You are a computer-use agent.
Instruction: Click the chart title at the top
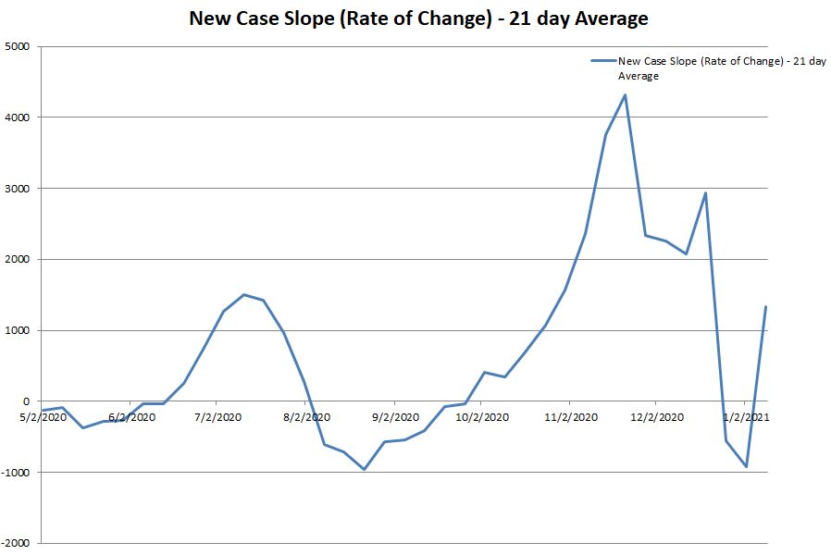click(x=418, y=18)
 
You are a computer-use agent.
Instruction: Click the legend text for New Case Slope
click(x=722, y=68)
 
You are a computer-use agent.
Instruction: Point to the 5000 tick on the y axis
click(x=18, y=46)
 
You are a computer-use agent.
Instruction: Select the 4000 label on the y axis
click(x=18, y=117)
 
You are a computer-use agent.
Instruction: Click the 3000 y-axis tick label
click(x=18, y=189)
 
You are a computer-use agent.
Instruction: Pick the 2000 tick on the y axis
click(x=18, y=260)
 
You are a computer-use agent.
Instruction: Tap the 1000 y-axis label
click(x=18, y=331)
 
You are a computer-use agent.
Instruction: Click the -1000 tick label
click(x=16, y=473)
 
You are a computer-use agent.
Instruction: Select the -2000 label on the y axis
click(x=16, y=544)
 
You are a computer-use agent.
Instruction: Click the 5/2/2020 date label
click(x=42, y=417)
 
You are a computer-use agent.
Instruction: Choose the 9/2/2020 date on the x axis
click(x=394, y=417)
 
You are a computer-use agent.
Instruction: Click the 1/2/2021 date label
click(x=746, y=417)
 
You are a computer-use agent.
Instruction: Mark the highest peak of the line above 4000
click(x=626, y=94)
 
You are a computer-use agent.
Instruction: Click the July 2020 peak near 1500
click(x=243, y=295)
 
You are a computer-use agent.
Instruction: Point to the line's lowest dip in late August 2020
click(x=364, y=469)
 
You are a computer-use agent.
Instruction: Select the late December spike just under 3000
click(x=705, y=193)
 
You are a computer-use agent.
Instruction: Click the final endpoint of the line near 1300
click(x=765, y=307)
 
